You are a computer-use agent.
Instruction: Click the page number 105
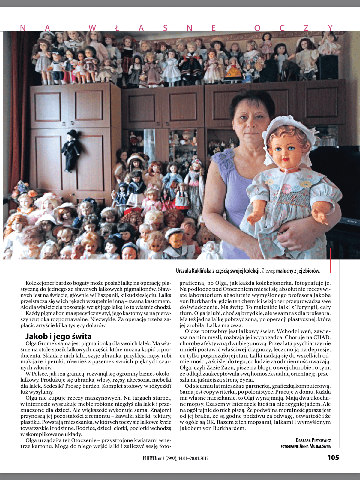333,457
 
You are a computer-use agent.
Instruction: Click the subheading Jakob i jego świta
58,336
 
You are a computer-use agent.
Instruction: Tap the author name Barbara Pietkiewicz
313,440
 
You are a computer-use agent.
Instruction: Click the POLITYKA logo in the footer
150,458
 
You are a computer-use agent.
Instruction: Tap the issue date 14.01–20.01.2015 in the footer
193,458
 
